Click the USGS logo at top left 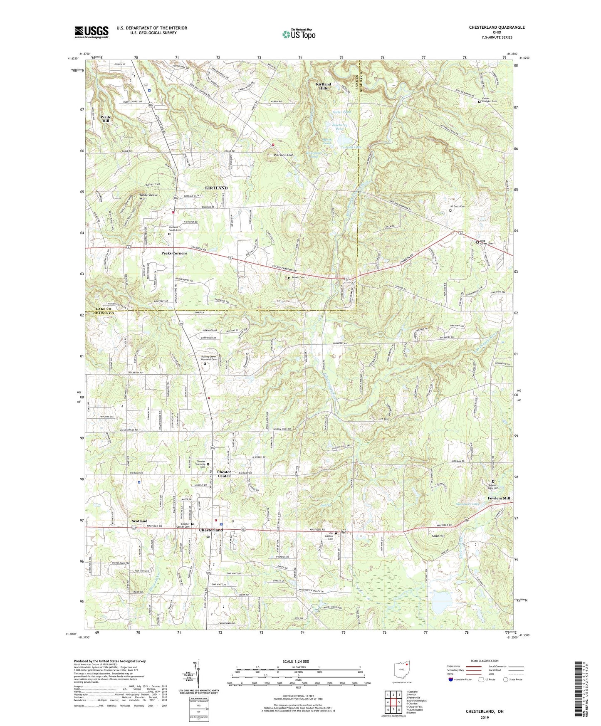click(92, 32)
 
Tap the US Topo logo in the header click(298, 34)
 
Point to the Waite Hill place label click(106, 119)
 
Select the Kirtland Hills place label click(323, 86)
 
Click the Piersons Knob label click(284, 155)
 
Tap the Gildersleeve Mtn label click(148, 197)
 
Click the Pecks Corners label click(174, 253)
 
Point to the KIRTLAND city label click(216, 188)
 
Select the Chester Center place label click(224, 474)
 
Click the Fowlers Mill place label click(499, 498)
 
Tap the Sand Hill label click(438, 536)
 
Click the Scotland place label click(139, 521)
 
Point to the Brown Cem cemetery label click(298, 278)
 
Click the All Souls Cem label click(458, 206)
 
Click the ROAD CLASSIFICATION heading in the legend click(485, 661)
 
